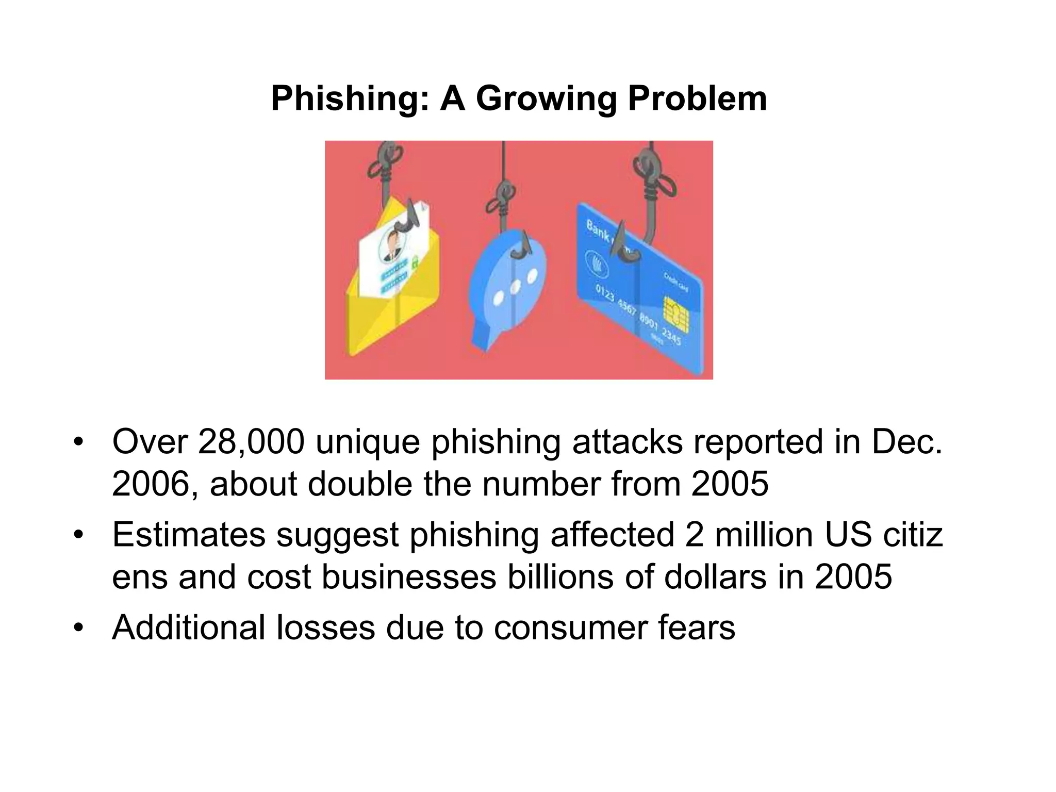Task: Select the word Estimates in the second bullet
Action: click(189, 534)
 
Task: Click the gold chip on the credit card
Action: click(676, 314)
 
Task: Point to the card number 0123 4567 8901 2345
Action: click(638, 315)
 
